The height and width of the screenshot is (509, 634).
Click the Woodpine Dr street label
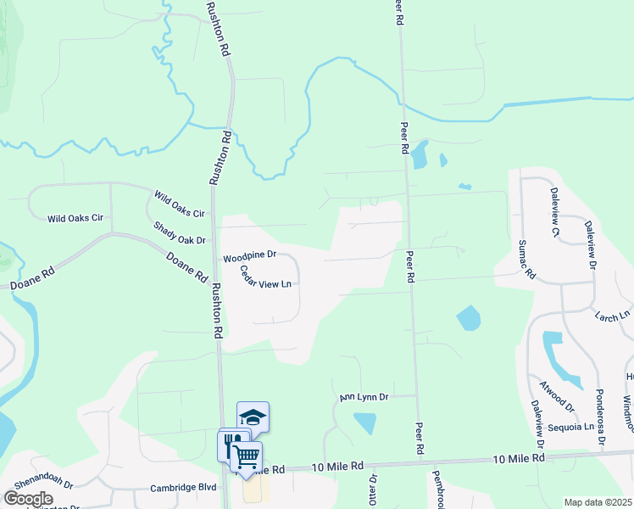click(x=249, y=255)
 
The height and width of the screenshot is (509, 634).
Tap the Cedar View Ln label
click(x=265, y=277)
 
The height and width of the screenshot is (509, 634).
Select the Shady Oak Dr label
click(x=180, y=233)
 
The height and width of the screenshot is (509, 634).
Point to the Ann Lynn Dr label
click(x=364, y=396)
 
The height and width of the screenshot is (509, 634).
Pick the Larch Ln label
click(x=614, y=315)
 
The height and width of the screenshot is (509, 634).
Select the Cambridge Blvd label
click(x=184, y=488)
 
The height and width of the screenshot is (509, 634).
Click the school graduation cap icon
click(x=253, y=416)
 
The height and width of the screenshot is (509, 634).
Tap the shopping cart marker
click(x=246, y=456)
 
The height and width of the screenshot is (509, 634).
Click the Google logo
click(x=28, y=499)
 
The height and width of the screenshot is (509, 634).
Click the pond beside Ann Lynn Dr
click(x=364, y=422)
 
